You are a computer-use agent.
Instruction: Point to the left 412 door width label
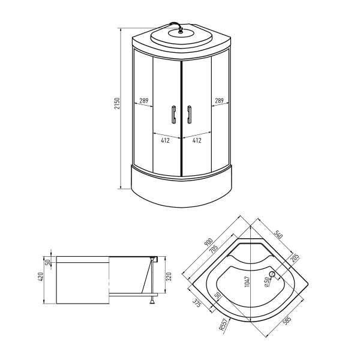tap(165, 140)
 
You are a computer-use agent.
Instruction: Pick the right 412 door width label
tap(196, 140)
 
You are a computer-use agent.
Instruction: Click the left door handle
tap(173, 113)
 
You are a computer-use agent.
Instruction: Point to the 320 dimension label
tap(169, 277)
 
